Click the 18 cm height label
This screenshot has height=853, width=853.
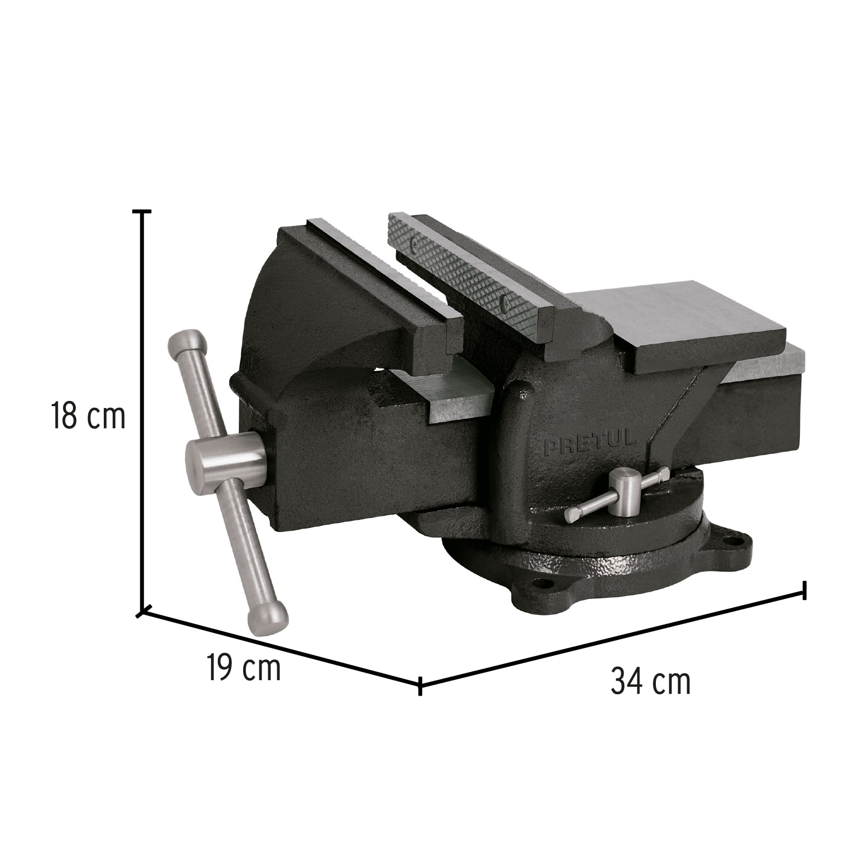(88, 416)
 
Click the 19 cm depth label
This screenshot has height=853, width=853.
(244, 667)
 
